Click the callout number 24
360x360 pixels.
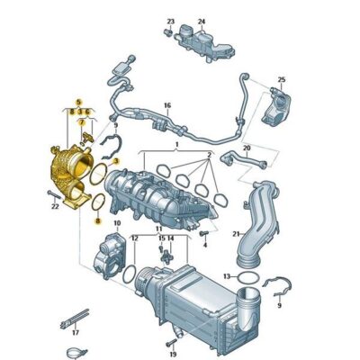(202, 21)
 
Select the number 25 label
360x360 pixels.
(282, 80)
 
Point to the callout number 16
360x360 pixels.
(166, 106)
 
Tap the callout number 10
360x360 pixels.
(116, 220)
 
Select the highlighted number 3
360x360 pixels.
(115, 158)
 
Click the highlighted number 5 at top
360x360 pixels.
(78, 102)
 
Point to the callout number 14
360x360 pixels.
(171, 238)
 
